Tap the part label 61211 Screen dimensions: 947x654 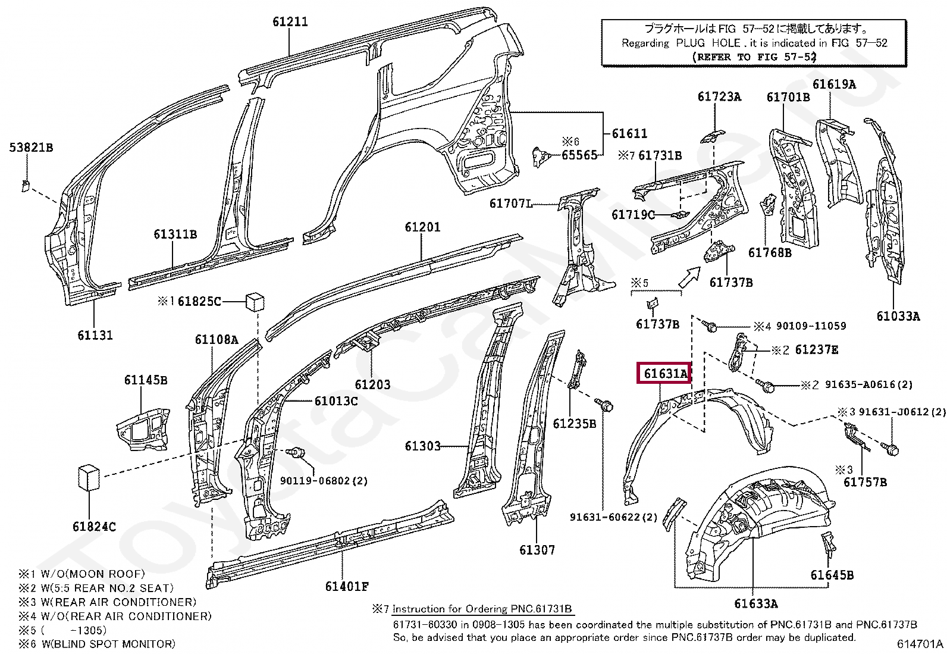[x=290, y=21]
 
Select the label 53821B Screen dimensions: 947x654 [x=32, y=148]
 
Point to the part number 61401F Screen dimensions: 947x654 [x=347, y=586]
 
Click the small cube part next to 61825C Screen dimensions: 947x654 [x=255, y=301]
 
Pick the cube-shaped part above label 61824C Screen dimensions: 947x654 [x=89, y=478]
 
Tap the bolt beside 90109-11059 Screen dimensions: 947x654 [x=710, y=326]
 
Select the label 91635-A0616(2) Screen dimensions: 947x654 [x=869, y=384]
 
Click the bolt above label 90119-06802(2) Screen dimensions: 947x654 [x=296, y=452]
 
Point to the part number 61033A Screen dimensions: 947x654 [x=898, y=316]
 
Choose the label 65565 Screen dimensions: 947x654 [x=579, y=155]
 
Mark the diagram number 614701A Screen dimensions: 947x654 [x=920, y=644]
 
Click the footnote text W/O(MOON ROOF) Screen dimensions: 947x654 [x=93, y=574]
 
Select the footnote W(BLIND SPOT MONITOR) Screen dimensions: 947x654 [x=108, y=644]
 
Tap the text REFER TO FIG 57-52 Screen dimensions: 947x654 [x=754, y=57]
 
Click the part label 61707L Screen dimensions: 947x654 [x=511, y=204]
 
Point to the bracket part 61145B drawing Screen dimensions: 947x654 [x=143, y=428]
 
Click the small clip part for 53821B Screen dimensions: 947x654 [x=26, y=185]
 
